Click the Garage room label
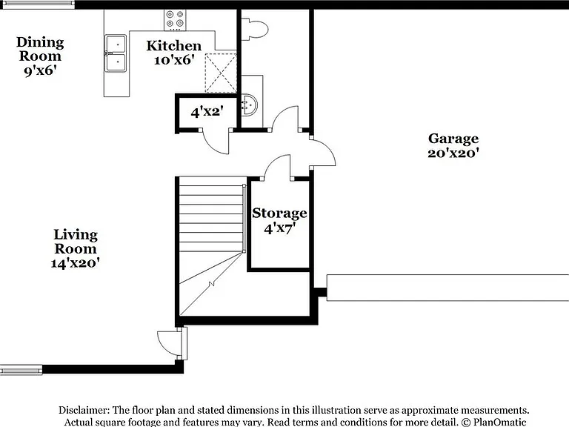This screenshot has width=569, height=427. click(453, 139)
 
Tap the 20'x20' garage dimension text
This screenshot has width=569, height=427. click(453, 153)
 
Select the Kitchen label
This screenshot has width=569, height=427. click(174, 46)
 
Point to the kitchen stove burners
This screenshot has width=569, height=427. click(175, 20)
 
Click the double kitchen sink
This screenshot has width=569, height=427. click(116, 53)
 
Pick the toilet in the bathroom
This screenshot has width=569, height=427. click(255, 29)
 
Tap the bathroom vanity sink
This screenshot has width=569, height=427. click(249, 105)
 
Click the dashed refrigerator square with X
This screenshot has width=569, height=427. click(221, 73)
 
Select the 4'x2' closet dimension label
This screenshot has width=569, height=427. click(207, 112)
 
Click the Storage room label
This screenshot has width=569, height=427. click(279, 213)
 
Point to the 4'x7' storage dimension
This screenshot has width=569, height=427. click(279, 229)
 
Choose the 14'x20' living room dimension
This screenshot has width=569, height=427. click(75, 263)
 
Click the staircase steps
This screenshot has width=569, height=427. click(211, 218)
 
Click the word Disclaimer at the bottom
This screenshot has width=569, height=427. click(84, 410)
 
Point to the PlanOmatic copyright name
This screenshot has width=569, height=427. click(499, 422)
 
